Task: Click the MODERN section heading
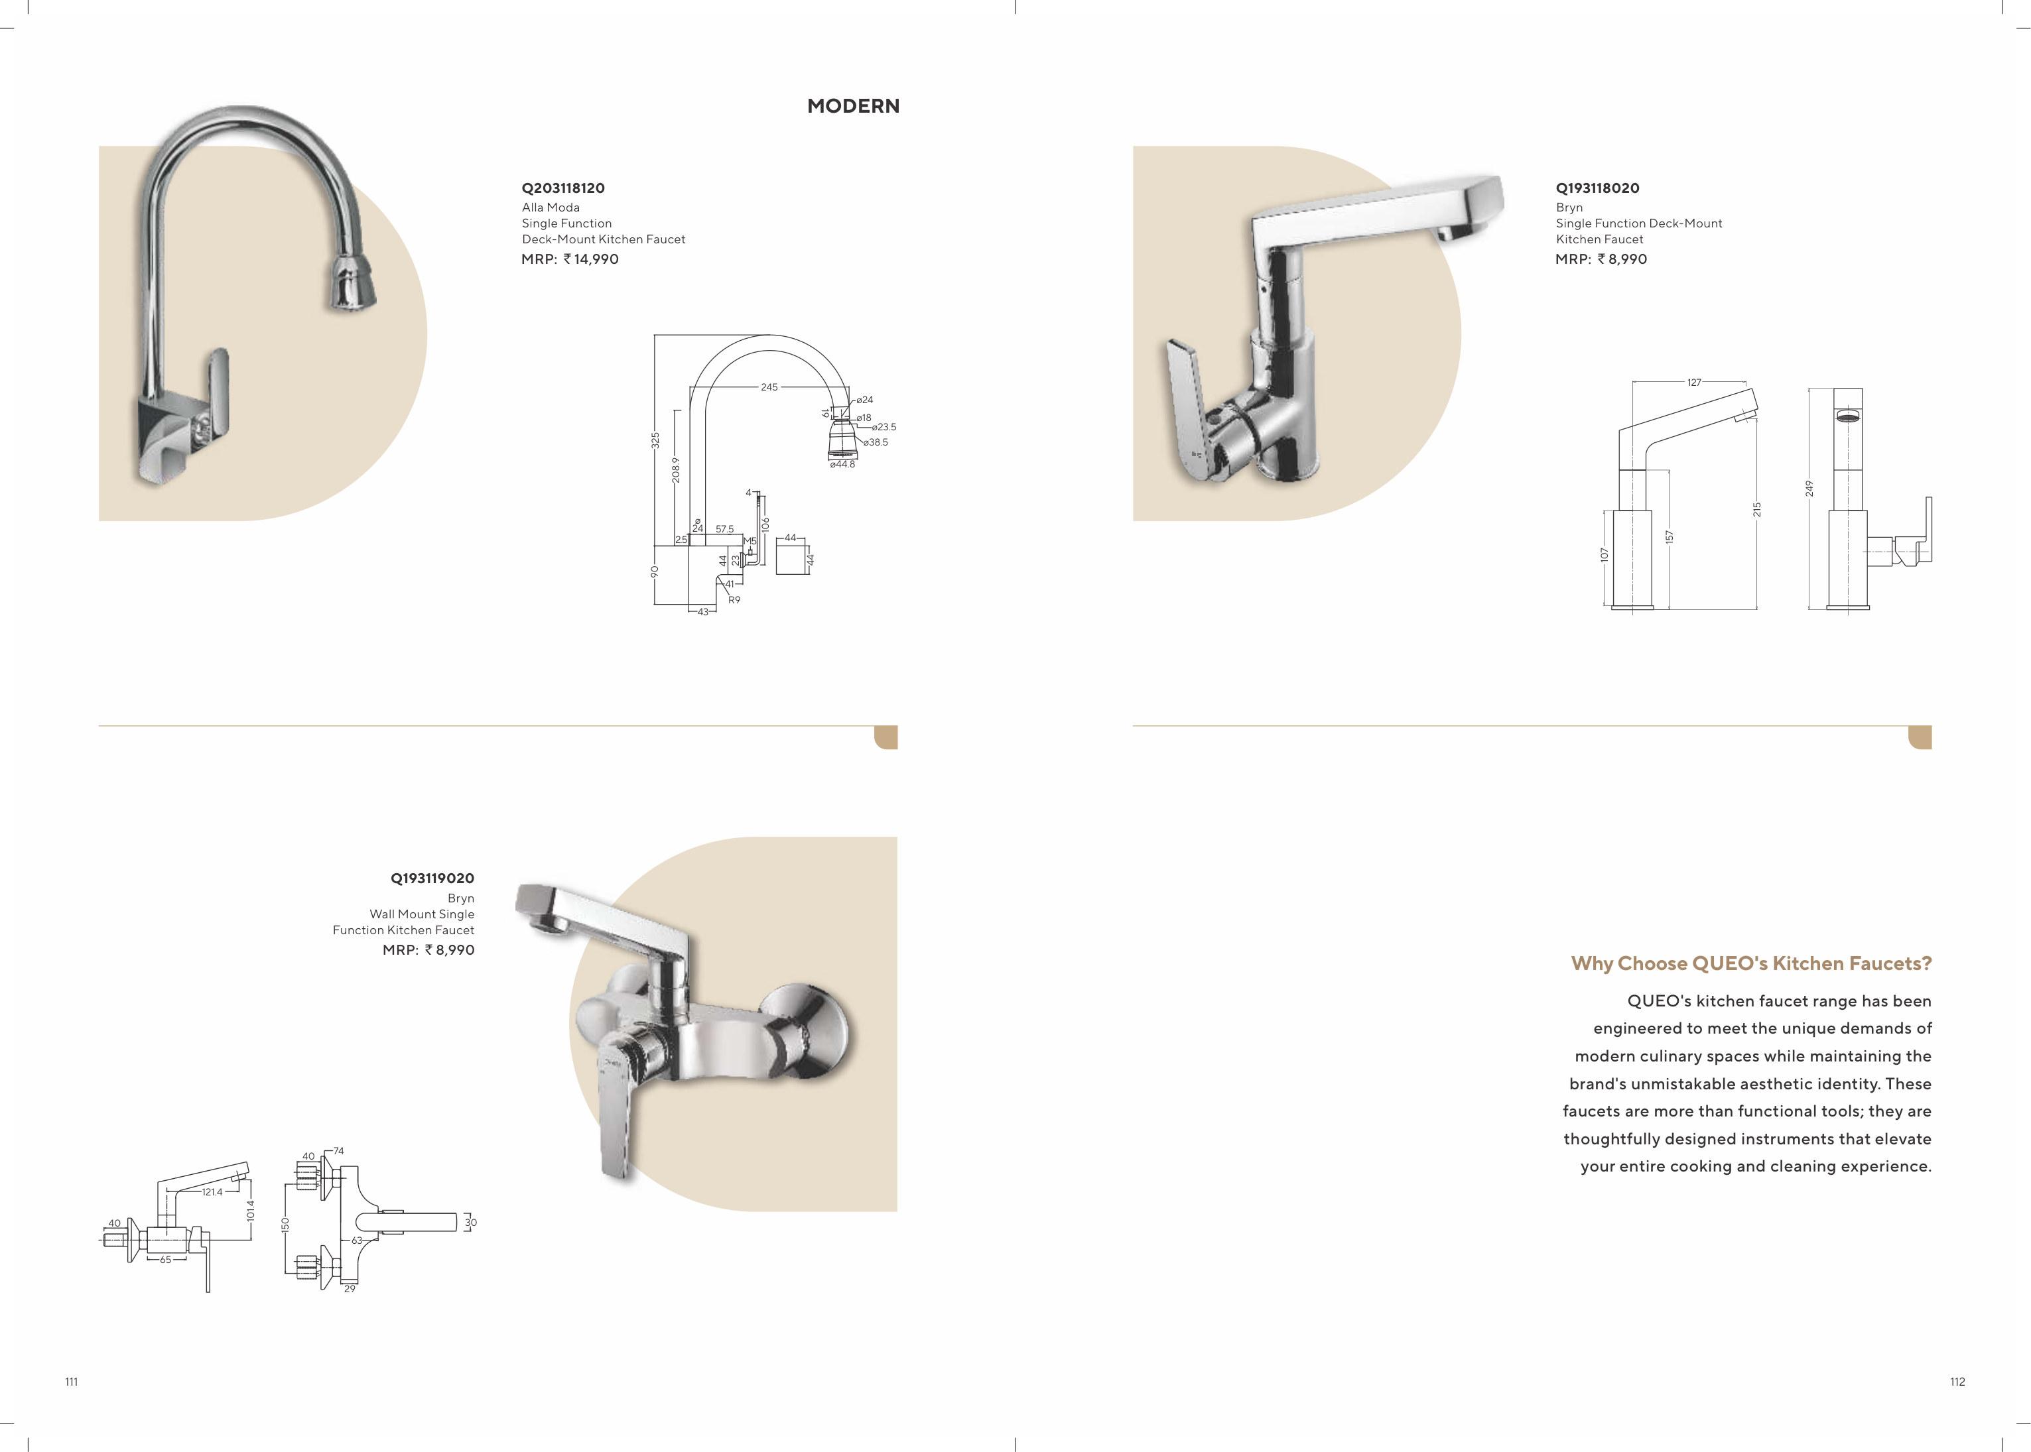(x=853, y=105)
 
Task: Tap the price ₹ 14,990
(x=591, y=259)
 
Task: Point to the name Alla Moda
(x=551, y=208)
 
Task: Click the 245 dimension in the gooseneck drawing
(x=769, y=387)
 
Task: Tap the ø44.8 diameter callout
(x=842, y=464)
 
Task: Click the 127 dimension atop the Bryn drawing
(x=1694, y=383)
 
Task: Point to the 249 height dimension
(x=1808, y=488)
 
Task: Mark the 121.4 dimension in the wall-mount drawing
(x=212, y=1192)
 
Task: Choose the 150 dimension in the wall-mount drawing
(x=285, y=1224)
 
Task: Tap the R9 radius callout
(x=734, y=600)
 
